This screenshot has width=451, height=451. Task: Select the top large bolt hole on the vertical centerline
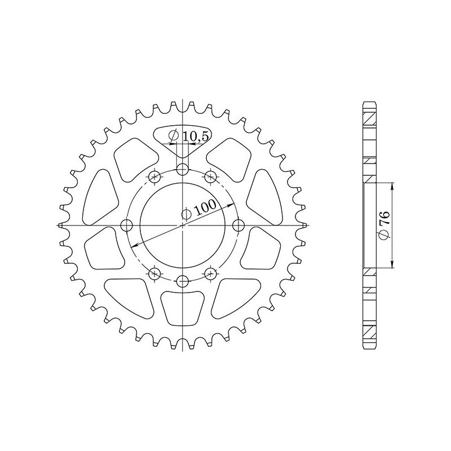(182, 170)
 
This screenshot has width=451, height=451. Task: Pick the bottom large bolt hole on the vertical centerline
(182, 281)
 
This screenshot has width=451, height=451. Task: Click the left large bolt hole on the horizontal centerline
(126, 225)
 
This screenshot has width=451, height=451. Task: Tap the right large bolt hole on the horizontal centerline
(238, 225)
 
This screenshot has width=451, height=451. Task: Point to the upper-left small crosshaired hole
(154, 177)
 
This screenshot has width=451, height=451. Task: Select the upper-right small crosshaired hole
(210, 177)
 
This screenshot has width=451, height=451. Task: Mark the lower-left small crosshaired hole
(154, 273)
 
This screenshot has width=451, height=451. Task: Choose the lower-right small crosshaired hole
(210, 273)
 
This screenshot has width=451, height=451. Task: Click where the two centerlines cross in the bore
(182, 225)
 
